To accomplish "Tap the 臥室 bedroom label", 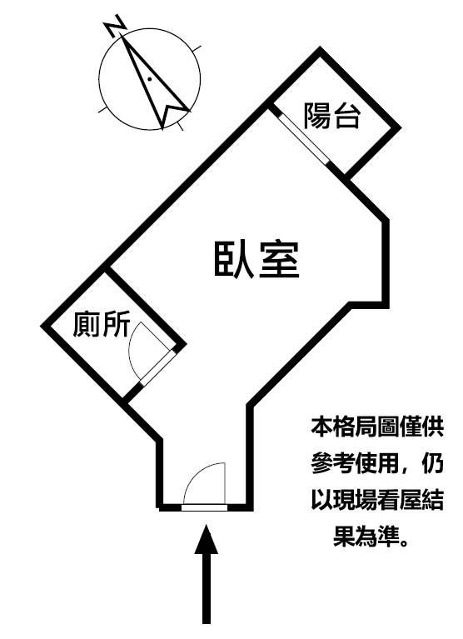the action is click(256, 260).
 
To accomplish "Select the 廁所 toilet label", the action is click(102, 324).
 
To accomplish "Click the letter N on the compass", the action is click(116, 25).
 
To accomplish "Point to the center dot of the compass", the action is click(149, 78).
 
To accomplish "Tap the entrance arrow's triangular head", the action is click(207, 539).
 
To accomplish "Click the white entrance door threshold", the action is click(204, 507).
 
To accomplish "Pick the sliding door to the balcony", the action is click(303, 137).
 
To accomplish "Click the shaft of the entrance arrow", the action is click(207, 588).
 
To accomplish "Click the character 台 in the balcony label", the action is click(347, 116).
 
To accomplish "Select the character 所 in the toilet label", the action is click(117, 324).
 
